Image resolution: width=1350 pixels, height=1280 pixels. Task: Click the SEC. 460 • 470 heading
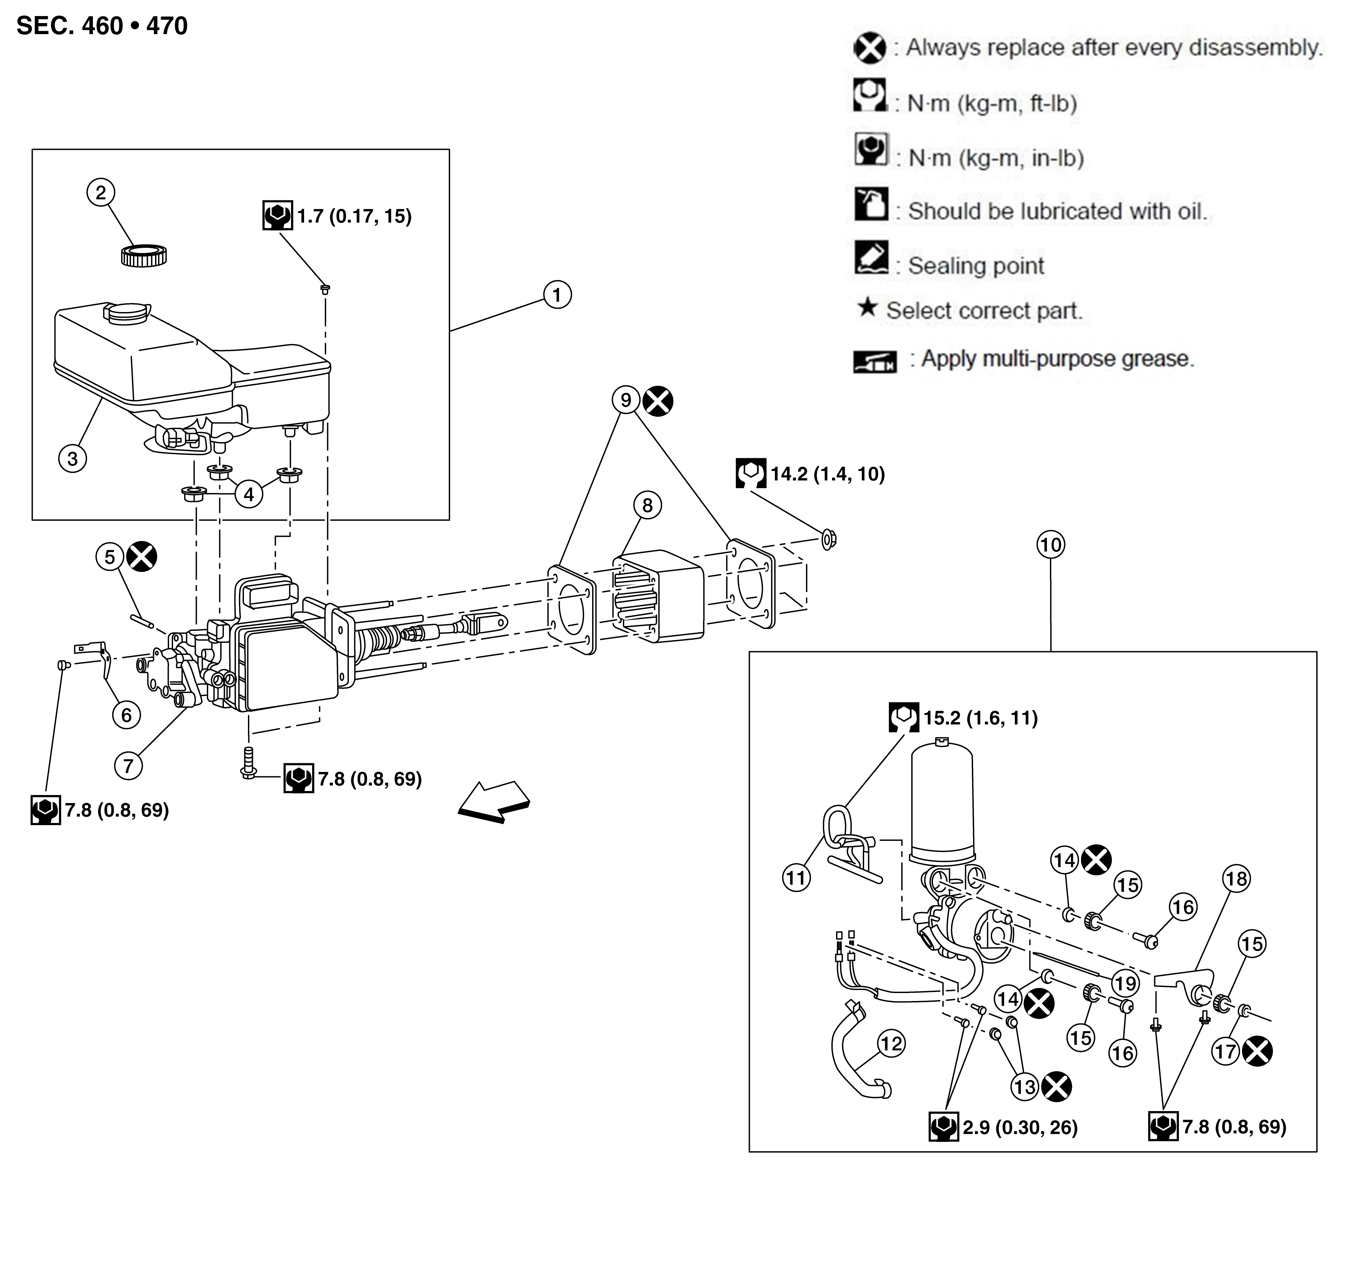tap(102, 26)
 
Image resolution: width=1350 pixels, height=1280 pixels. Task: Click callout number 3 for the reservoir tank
tap(72, 459)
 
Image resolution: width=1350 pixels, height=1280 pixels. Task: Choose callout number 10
tap(1051, 545)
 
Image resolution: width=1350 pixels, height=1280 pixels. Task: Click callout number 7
tap(128, 766)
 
